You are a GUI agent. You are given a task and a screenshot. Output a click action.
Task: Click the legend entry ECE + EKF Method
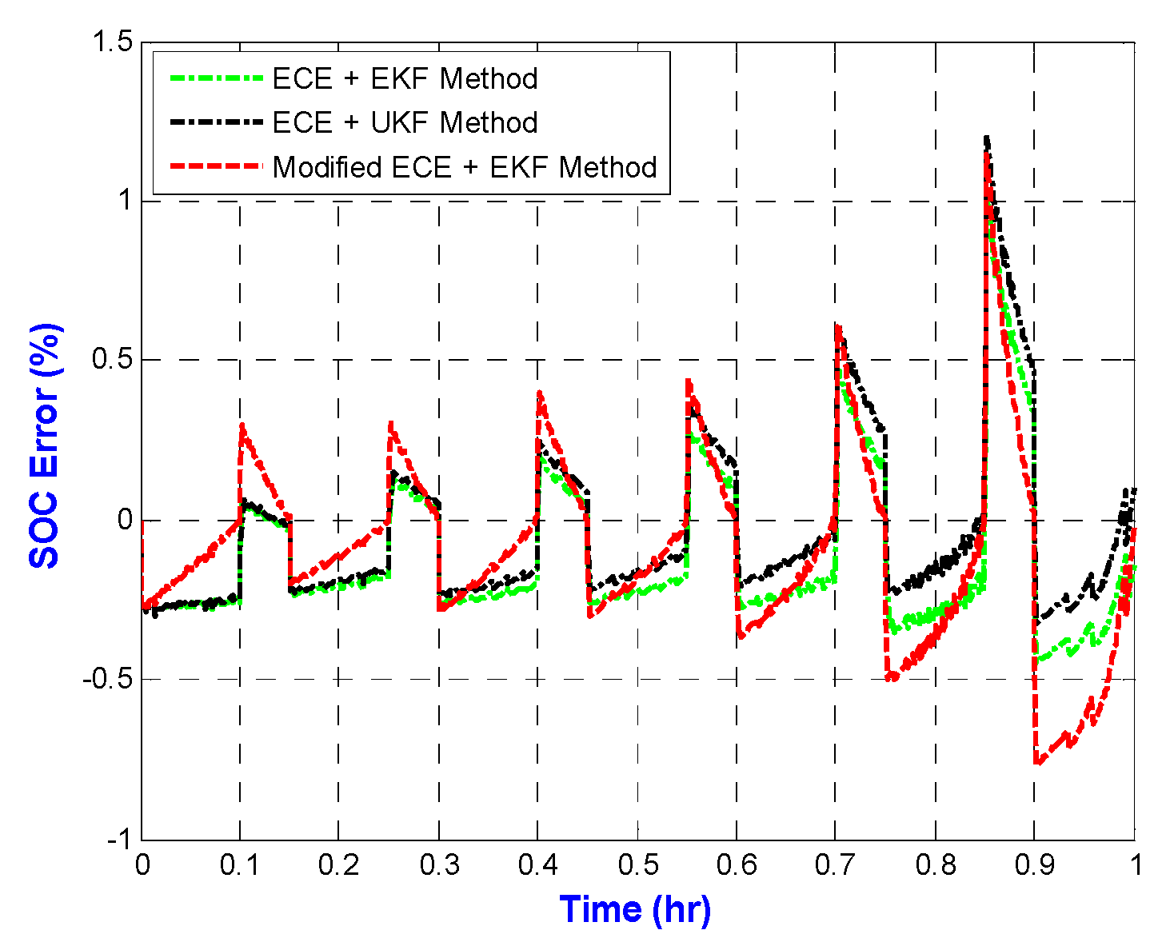coord(405,78)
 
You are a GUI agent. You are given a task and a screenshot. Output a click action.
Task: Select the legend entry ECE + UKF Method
coord(405,122)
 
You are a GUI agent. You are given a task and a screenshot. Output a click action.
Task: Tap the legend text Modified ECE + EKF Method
coord(465,167)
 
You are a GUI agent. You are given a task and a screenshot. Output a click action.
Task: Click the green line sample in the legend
coord(216,78)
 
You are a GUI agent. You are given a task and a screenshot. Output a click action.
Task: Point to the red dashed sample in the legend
coord(216,166)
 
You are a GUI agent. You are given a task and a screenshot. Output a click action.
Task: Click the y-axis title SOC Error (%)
coord(45,445)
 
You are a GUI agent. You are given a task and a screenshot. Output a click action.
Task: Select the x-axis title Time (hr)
coord(635,909)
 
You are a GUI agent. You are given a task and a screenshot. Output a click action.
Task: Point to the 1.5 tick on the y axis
coord(113,42)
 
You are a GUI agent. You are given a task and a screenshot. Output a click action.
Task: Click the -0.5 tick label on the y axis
coord(107,680)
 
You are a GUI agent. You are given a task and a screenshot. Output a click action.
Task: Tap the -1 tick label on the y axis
coord(118,839)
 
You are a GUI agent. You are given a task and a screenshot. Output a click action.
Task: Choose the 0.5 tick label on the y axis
coord(113,360)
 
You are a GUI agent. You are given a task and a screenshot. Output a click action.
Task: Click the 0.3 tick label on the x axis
coord(438,865)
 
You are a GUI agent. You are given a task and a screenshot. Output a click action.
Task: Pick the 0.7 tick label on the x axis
coord(835,865)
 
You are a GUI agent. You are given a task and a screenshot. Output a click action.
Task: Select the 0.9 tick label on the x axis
coord(1034,865)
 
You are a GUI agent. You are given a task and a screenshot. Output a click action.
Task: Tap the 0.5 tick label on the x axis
coord(637,865)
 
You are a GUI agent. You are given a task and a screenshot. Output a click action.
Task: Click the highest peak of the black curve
coord(988,138)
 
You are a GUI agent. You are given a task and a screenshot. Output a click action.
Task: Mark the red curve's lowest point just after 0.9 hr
coord(1037,763)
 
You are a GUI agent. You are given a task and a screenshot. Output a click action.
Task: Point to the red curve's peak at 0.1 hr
coord(242,426)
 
